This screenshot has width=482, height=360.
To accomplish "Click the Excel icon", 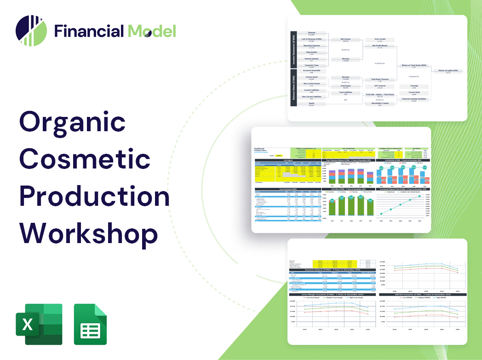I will [39, 324].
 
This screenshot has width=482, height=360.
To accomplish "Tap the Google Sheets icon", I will [90, 324].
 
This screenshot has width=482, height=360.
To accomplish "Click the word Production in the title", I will [94, 196].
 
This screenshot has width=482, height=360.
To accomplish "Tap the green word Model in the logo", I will [152, 31].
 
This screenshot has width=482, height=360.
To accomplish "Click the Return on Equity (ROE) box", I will [448, 71].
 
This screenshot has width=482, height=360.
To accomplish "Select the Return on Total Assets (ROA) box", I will [415, 66].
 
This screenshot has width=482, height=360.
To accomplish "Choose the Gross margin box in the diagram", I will [379, 41].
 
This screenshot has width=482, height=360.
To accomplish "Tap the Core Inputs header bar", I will [288, 160].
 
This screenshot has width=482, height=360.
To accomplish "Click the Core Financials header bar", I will [288, 189].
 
